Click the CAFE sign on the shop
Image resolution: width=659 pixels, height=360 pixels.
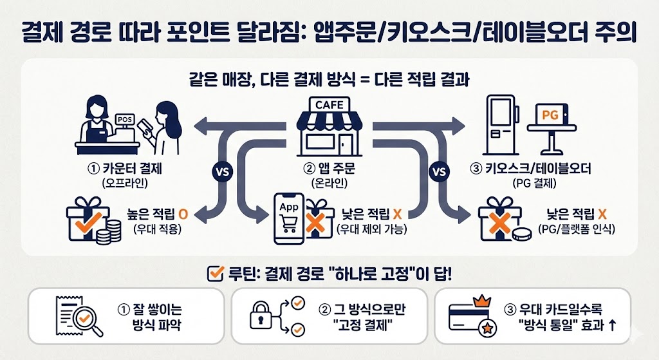pos(329,104)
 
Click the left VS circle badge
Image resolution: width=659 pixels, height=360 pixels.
pos(219,172)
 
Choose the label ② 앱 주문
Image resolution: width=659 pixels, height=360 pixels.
pos(329,170)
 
